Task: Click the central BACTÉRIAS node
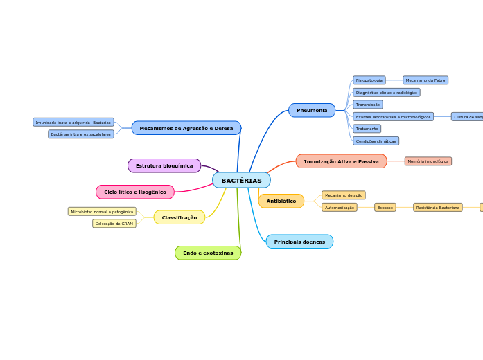point(241,181)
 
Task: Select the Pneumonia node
point(312,110)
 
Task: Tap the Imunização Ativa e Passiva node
point(341,161)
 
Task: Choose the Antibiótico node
point(281,201)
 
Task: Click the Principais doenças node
point(299,242)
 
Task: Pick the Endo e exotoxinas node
point(208,253)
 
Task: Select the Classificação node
point(179,217)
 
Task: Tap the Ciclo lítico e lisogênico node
point(135,192)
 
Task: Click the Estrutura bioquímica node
point(164,165)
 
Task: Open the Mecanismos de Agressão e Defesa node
point(186,128)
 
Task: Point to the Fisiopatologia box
point(369,80)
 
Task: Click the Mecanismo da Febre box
point(425,80)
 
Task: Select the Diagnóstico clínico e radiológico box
point(386,92)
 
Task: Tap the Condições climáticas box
point(376,141)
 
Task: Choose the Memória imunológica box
point(428,161)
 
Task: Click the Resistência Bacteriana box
point(438,207)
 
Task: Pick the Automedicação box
point(340,207)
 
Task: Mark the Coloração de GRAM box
point(114,224)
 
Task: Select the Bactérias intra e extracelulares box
point(81,134)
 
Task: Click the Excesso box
point(385,207)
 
